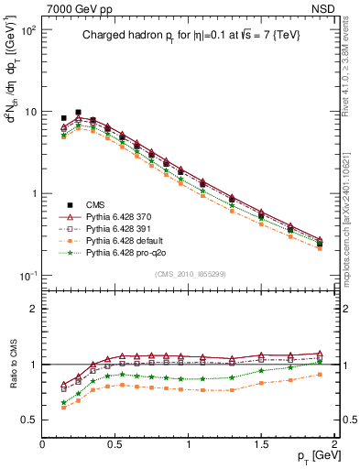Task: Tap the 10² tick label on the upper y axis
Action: pyautogui.click(x=28, y=30)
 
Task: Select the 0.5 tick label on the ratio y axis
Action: pyautogui.click(x=29, y=420)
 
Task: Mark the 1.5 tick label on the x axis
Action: pyautogui.click(x=261, y=444)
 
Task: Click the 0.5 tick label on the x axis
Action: pyautogui.click(x=115, y=444)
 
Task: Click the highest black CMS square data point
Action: pyautogui.click(x=78, y=112)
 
